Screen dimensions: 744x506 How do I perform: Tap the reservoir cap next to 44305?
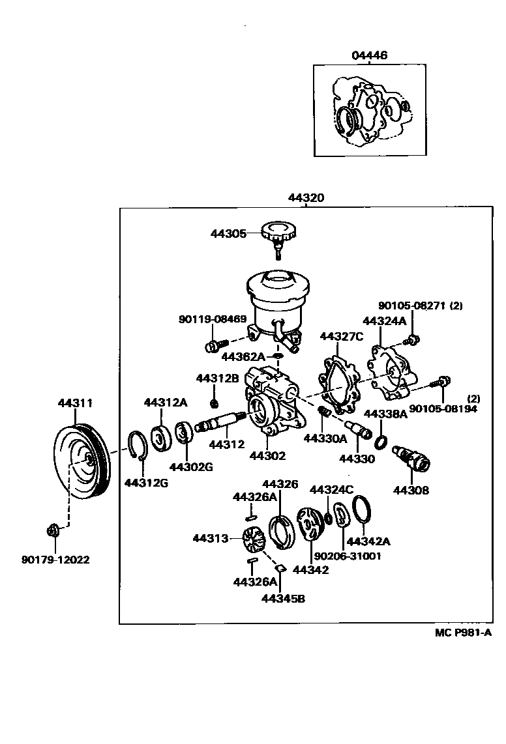[278, 233]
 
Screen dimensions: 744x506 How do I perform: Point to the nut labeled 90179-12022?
[53, 531]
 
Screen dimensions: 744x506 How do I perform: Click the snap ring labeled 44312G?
[136, 446]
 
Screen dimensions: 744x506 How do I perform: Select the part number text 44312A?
[166, 403]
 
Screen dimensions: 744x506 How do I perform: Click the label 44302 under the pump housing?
[267, 456]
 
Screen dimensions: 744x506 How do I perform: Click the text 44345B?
[283, 597]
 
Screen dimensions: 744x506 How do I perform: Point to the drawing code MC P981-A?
[464, 633]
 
